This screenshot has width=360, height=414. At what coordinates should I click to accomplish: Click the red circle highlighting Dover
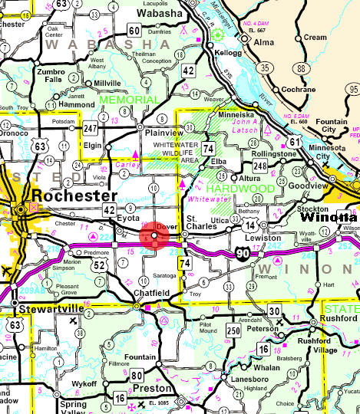pos(155,238)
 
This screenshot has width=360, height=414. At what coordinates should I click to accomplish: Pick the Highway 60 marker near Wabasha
pos(134,31)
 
